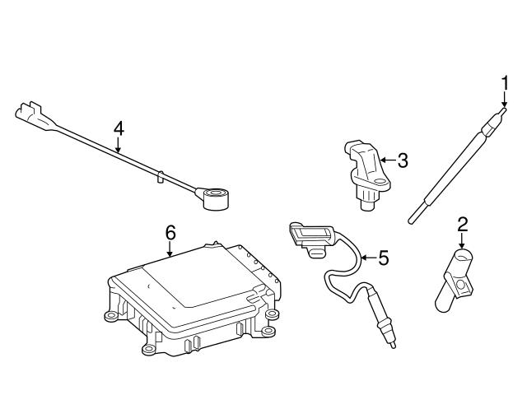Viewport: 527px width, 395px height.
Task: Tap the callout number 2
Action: point(462,222)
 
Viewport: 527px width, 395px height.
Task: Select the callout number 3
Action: point(402,160)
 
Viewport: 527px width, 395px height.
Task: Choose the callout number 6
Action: point(170,233)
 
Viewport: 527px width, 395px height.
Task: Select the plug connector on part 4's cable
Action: point(30,115)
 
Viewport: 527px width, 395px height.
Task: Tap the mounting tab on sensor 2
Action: point(465,287)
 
